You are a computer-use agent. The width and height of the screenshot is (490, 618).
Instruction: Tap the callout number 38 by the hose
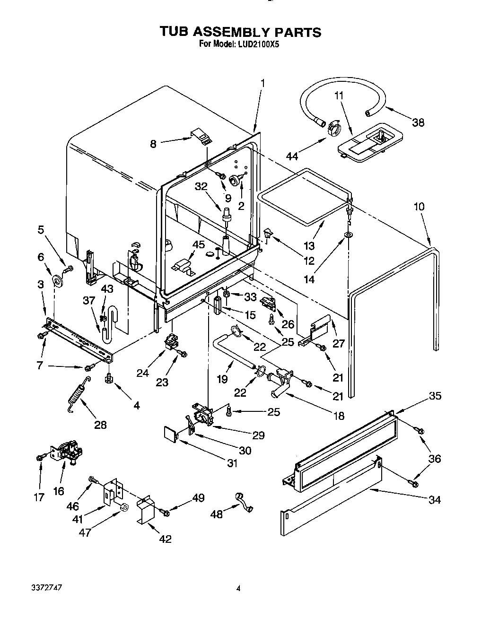click(x=418, y=122)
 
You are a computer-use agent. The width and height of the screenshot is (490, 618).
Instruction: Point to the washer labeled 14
click(x=348, y=235)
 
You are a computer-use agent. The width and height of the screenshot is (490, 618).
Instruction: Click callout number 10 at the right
click(x=419, y=207)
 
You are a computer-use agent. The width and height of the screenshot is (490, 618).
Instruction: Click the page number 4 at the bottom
click(x=238, y=589)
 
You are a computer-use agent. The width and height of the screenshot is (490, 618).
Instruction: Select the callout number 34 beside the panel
click(x=434, y=499)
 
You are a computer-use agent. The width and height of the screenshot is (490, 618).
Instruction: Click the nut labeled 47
click(x=124, y=508)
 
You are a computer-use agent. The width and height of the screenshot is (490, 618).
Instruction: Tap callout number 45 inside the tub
click(x=199, y=244)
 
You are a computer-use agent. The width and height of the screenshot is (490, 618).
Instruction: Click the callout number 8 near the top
click(x=153, y=143)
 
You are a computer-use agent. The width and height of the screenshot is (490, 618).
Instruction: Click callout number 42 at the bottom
click(x=165, y=539)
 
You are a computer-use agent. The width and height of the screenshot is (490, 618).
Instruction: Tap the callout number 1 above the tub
click(x=262, y=84)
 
